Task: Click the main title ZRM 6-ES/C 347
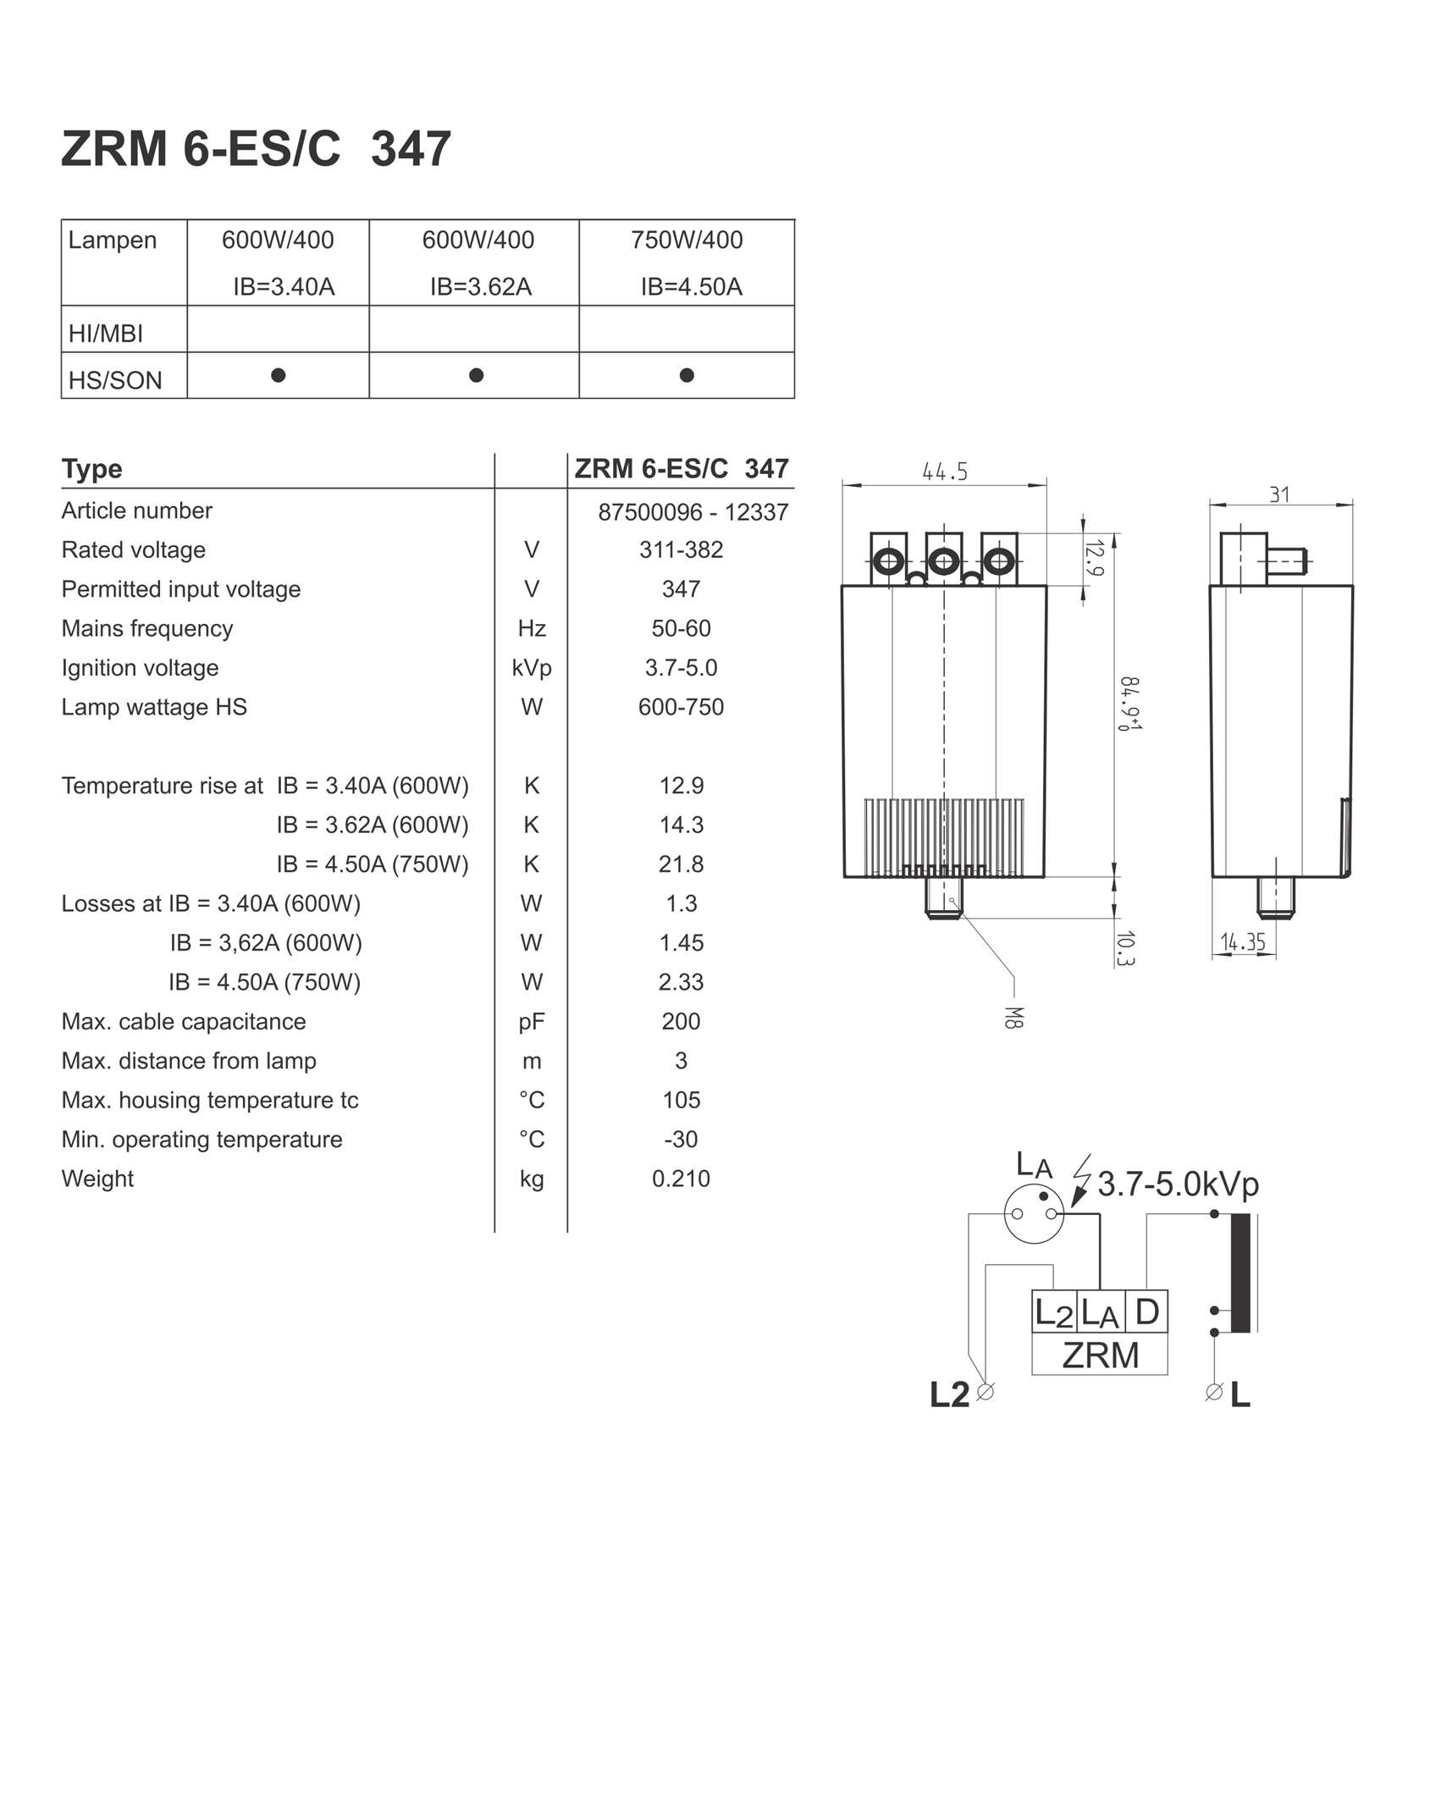coord(256,149)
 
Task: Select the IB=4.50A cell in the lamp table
coord(691,287)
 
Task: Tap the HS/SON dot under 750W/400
coord(687,375)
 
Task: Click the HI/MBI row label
coord(106,334)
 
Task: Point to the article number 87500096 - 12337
coord(693,512)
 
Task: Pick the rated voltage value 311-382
coord(682,550)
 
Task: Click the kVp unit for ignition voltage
coord(532,668)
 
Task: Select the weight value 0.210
coord(682,1179)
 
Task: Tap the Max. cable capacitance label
coord(184,1022)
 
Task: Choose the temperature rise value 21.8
coord(682,864)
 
